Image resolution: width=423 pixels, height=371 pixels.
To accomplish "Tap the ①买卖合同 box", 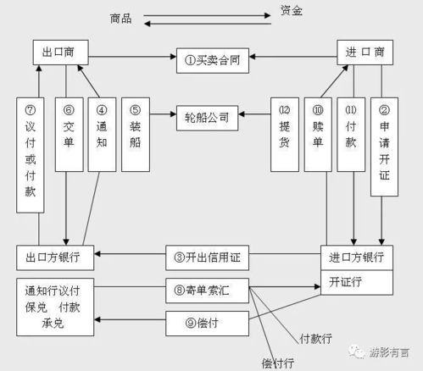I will click(212, 59).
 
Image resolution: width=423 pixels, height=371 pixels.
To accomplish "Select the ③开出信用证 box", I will click(208, 256).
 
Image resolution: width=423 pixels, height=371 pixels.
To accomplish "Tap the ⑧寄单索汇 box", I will click(208, 289).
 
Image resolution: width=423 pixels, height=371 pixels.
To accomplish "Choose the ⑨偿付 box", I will click(208, 322).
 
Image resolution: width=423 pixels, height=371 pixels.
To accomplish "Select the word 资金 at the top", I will click(291, 11).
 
